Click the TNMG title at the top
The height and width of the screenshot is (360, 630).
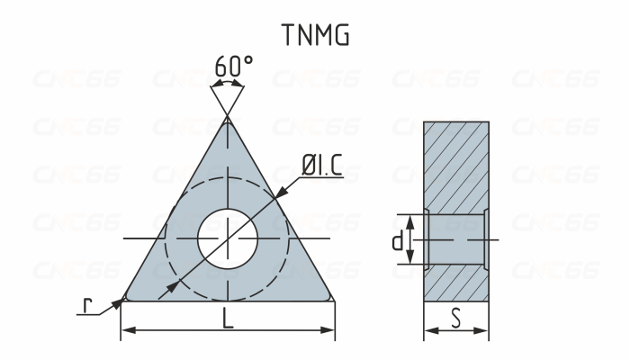click(315, 35)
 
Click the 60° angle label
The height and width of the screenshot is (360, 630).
click(234, 66)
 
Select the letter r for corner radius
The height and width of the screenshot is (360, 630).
click(87, 306)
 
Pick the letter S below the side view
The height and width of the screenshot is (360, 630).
click(456, 318)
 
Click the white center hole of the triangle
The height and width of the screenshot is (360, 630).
click(228, 238)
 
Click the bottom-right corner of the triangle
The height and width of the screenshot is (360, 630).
click(331, 296)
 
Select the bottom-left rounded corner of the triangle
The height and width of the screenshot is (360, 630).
click(125, 295)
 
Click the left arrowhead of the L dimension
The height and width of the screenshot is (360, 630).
click(126, 330)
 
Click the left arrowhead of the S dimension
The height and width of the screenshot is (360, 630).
click(428, 330)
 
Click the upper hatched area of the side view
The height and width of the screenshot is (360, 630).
click(456, 166)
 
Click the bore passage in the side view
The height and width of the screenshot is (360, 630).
click(456, 240)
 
